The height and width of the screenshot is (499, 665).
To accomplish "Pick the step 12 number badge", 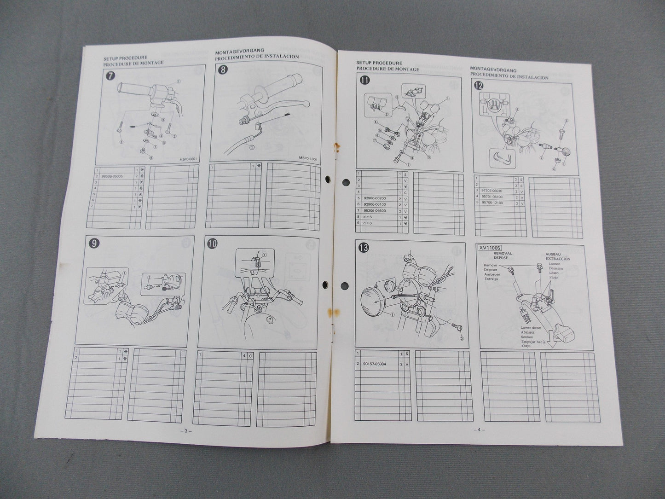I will (x=478, y=85).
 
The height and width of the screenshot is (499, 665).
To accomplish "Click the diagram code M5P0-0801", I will (x=187, y=160).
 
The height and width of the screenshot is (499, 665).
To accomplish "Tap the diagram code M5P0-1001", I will (x=308, y=157).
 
